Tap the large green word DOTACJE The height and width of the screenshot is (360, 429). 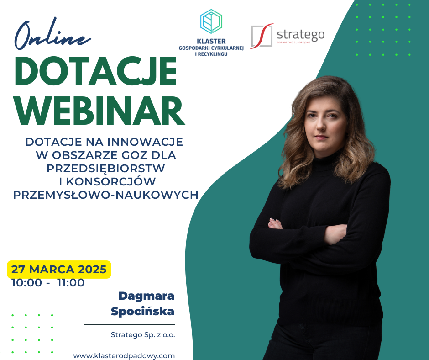(95, 71)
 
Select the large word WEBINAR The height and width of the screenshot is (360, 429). (99, 111)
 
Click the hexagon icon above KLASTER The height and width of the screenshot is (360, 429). (211, 21)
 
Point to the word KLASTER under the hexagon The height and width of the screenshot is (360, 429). (211, 42)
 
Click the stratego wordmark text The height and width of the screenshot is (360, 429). (301, 35)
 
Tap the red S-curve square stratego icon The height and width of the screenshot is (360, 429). (262, 36)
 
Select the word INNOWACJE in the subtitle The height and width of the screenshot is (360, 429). (145, 142)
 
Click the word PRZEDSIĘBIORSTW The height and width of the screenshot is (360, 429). (105, 168)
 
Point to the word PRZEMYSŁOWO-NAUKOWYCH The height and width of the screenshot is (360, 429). (105, 195)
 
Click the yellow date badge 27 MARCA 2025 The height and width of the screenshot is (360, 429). (59, 270)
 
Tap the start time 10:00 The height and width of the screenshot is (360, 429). (26, 283)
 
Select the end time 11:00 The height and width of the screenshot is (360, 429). (71, 283)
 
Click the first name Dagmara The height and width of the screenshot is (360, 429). (146, 296)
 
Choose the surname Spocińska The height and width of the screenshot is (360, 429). (142, 312)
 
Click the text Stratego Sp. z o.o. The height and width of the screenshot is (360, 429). (143, 335)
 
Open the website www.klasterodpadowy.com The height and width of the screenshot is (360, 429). (124, 355)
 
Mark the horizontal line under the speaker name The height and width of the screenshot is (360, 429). (130, 324)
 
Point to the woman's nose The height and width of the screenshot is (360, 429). (320, 127)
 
